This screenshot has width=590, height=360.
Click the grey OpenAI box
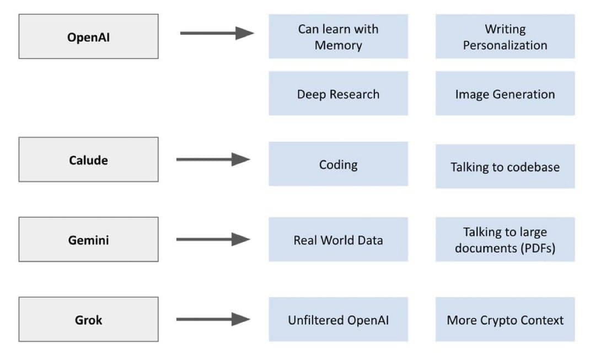point(88,36)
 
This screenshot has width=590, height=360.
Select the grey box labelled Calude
point(88,160)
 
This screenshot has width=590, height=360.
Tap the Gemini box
point(88,239)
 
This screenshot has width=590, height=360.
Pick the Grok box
point(88,319)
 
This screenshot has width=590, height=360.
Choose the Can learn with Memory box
point(338,36)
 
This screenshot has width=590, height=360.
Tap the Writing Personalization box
point(505,36)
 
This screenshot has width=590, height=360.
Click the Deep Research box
point(338,94)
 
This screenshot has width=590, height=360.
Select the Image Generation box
point(505,94)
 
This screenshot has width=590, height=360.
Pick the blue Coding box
point(338,164)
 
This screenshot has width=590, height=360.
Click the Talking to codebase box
point(505,166)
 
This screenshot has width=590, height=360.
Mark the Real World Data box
point(338,239)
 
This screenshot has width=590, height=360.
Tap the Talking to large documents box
point(505,239)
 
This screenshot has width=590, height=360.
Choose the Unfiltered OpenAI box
point(338,319)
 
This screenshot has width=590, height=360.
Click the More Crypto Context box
point(505,319)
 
